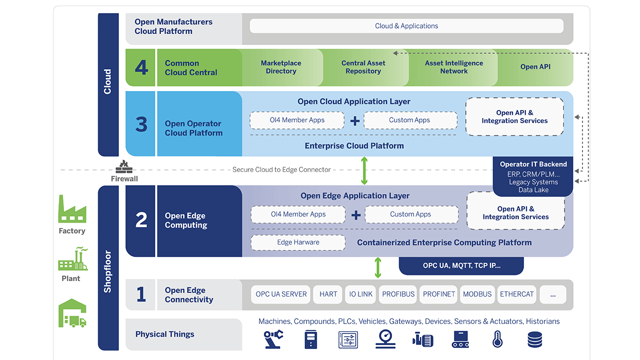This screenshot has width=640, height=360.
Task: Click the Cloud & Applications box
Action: (x=406, y=26)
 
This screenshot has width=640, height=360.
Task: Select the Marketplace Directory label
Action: (x=281, y=67)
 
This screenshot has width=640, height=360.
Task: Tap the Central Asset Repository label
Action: (x=363, y=67)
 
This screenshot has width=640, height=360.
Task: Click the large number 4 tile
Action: (x=141, y=67)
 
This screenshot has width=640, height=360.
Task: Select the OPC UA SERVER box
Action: (x=281, y=294)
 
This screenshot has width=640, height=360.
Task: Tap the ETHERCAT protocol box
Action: (x=516, y=294)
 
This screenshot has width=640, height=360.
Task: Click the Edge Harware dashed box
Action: (x=298, y=242)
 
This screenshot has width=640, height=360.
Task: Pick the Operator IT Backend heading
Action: (x=533, y=164)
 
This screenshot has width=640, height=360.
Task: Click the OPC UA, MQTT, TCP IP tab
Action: (x=461, y=265)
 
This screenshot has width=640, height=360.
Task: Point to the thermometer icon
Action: (x=497, y=339)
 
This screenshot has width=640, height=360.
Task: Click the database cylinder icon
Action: (x=534, y=339)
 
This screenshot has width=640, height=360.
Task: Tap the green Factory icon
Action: (x=72, y=209)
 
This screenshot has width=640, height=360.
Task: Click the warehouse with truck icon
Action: (x=72, y=313)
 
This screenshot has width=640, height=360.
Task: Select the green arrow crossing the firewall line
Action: (x=364, y=170)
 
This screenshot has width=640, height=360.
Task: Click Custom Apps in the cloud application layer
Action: (x=409, y=120)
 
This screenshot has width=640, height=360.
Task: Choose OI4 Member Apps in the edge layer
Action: (x=298, y=214)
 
